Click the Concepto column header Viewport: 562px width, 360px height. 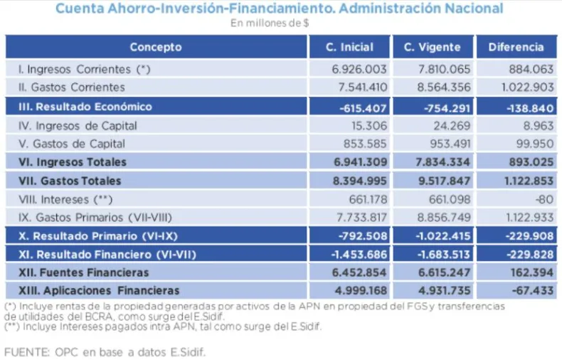156,48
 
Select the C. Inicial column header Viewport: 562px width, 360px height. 349,48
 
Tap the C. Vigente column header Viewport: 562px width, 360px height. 432,48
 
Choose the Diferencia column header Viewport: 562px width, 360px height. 516,48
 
